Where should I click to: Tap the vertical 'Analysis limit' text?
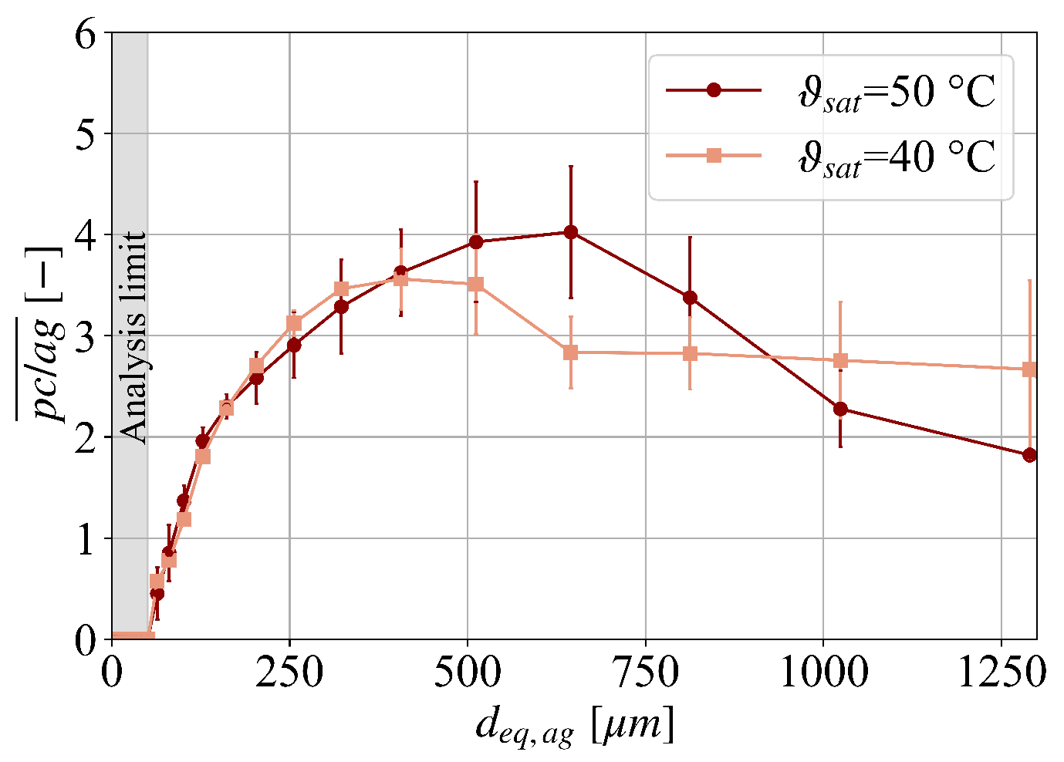[x=133, y=337]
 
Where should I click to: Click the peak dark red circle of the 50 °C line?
[x=571, y=232]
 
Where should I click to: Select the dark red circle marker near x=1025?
[x=840, y=409]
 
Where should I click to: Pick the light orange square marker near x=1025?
[x=840, y=360]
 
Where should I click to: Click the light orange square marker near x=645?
[x=571, y=352]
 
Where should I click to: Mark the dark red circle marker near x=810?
[x=690, y=298]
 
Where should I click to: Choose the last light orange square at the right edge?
[x=1029, y=369]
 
